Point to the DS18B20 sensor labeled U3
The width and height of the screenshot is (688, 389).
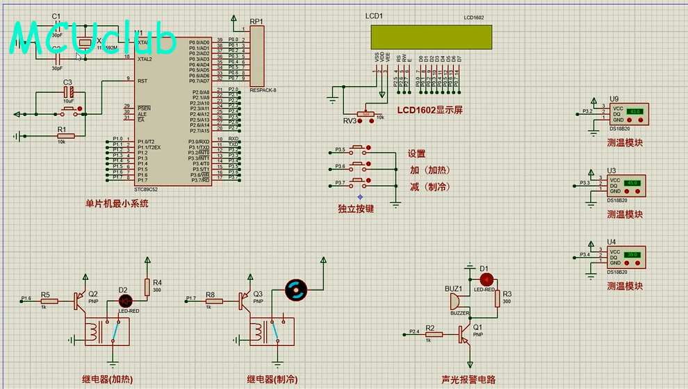[x=626, y=186]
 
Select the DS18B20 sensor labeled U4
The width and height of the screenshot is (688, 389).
[x=626, y=258]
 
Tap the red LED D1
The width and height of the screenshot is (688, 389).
[x=486, y=279]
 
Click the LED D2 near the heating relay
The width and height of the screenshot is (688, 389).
[x=126, y=301]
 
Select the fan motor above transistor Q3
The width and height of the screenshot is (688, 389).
[x=295, y=290]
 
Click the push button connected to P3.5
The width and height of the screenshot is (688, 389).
[x=359, y=150]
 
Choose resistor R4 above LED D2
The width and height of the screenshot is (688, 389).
[x=147, y=287]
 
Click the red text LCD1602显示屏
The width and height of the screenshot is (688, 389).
[x=429, y=110]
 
